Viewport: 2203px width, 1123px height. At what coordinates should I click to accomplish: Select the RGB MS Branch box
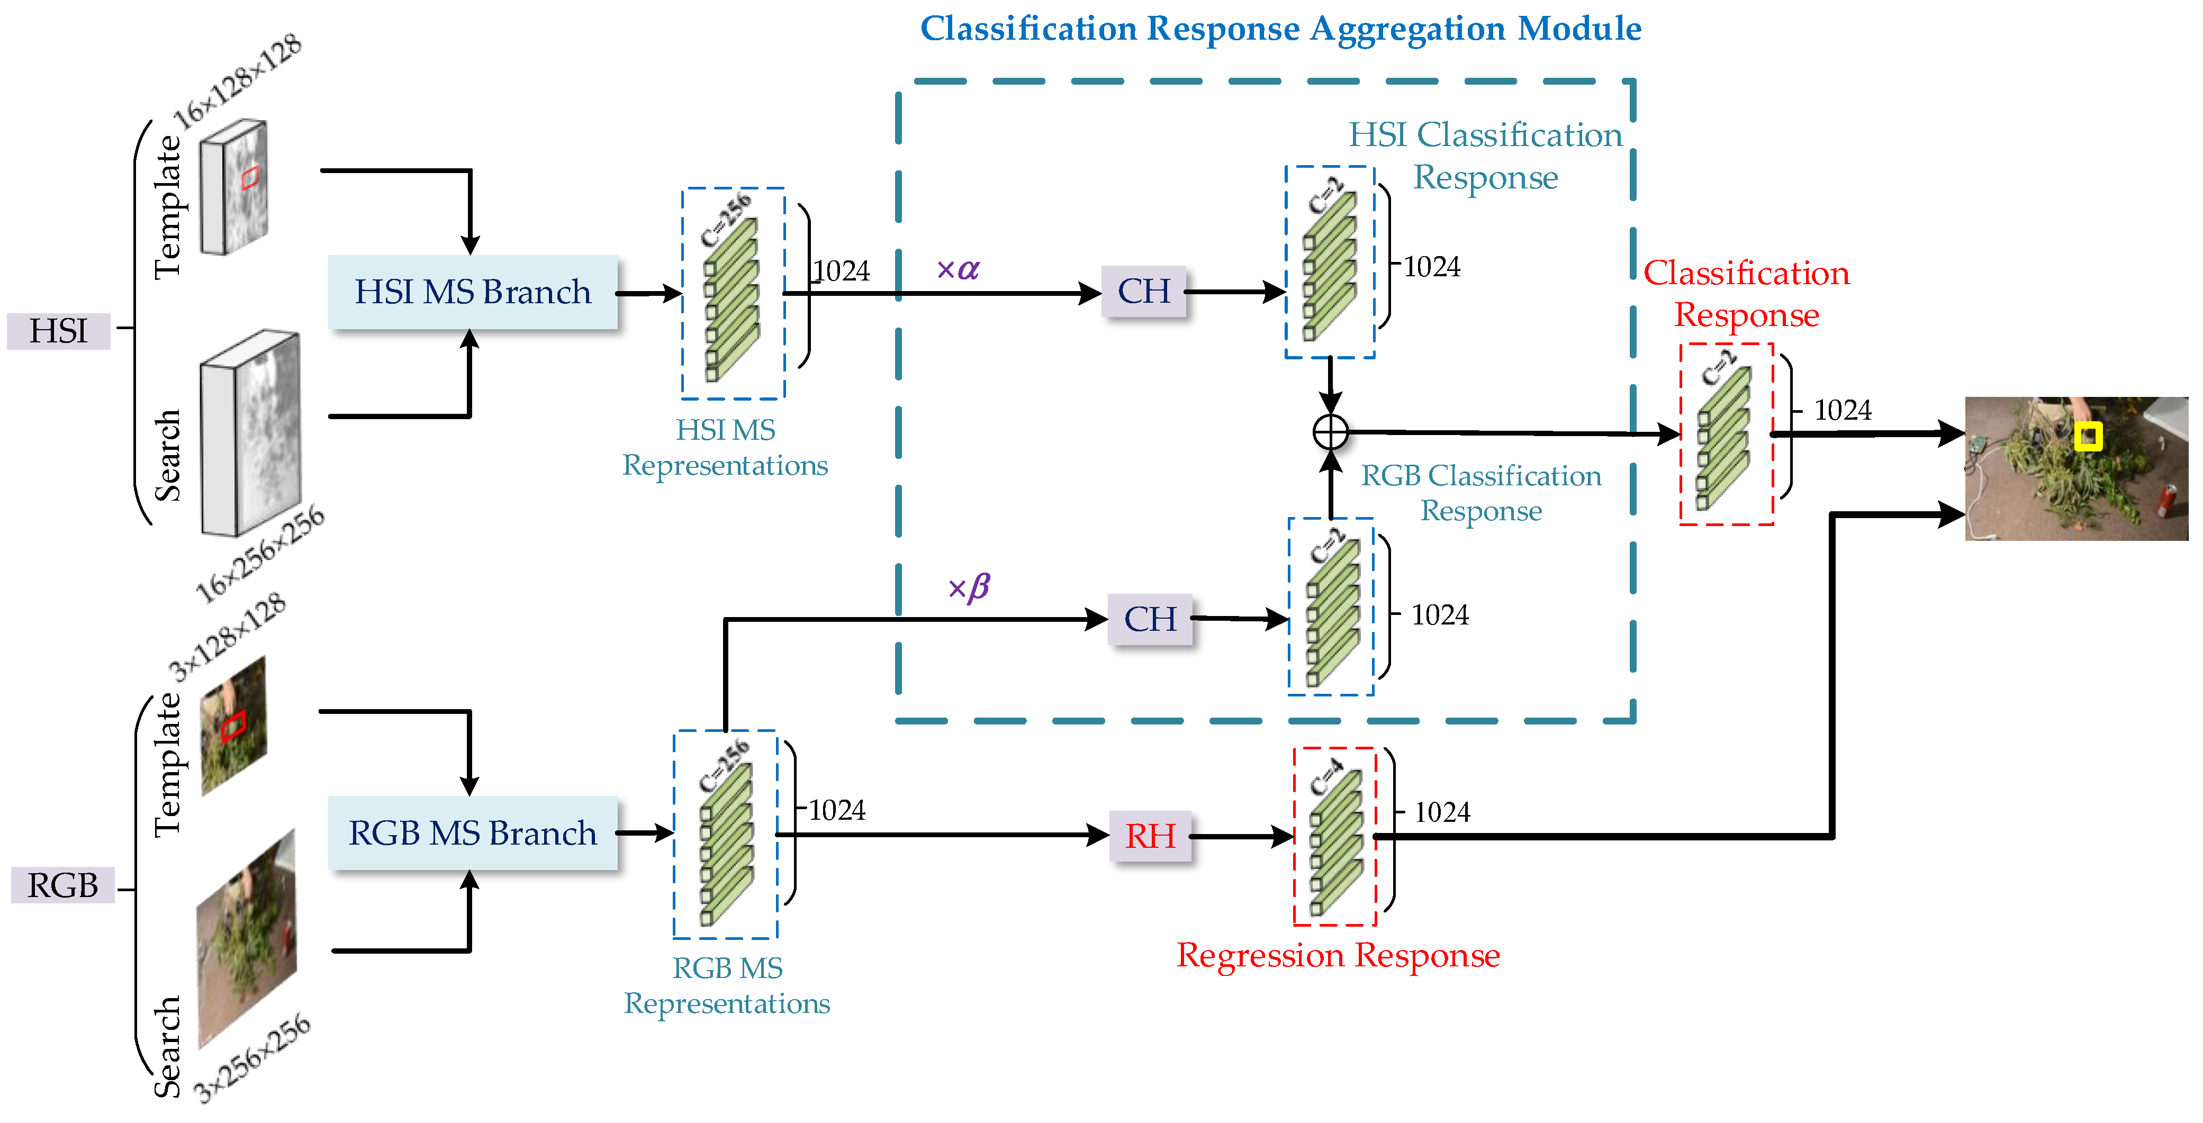pos(472,833)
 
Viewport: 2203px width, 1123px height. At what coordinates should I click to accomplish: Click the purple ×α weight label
pos(958,269)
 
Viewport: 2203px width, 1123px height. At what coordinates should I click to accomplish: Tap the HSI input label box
pos(58,331)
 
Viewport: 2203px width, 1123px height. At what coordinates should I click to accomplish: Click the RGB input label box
pos(62,885)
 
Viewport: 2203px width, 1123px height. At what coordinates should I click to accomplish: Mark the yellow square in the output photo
pos(2088,436)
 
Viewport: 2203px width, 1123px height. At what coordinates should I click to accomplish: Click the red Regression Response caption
pos(1338,955)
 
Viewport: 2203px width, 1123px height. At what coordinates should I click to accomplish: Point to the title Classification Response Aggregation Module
pos(1280,28)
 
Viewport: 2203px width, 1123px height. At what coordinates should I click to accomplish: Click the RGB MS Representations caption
pos(726,985)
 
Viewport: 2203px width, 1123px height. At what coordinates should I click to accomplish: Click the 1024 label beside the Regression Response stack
pos(1442,812)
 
